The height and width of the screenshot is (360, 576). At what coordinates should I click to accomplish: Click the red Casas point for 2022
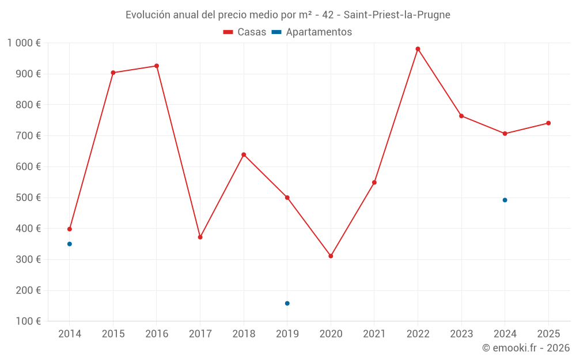coord(418,49)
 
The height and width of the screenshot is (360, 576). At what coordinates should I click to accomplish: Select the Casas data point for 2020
coord(331,256)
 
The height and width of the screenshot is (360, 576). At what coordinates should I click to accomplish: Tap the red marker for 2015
coord(113,73)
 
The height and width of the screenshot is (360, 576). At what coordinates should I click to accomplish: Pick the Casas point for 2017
coord(200,237)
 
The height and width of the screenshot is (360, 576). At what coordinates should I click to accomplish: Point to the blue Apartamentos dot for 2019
coord(287,304)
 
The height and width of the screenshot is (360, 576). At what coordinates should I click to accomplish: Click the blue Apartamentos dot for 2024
coord(505,200)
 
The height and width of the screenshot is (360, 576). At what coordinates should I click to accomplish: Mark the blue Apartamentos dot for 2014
coord(70,244)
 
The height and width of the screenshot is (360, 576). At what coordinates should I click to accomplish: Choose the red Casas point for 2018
coord(244,154)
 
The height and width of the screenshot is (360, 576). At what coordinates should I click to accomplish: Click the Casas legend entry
coord(245,32)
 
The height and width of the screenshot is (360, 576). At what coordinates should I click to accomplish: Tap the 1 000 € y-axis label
coord(24,43)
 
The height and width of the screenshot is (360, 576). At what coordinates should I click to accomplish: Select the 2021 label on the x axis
coord(374,334)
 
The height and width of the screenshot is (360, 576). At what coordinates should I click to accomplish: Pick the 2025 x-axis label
coord(548,334)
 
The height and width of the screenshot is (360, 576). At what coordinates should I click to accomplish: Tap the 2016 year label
coord(157,334)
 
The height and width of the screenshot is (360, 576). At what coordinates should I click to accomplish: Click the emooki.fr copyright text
coord(526,348)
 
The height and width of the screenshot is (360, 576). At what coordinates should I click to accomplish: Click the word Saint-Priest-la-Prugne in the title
coord(397,15)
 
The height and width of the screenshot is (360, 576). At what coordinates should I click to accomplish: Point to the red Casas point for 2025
coord(548,123)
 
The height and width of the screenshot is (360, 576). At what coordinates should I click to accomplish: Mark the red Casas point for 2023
coord(461,116)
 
